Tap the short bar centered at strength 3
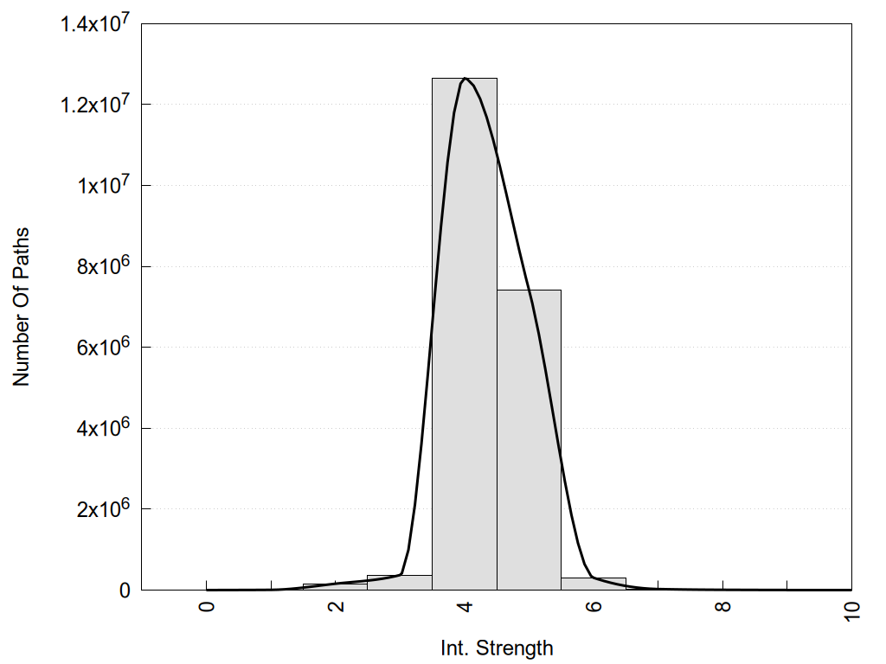(x=399, y=582)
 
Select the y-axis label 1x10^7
(x=101, y=185)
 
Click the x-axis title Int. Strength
(x=496, y=647)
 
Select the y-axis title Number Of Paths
(x=22, y=307)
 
